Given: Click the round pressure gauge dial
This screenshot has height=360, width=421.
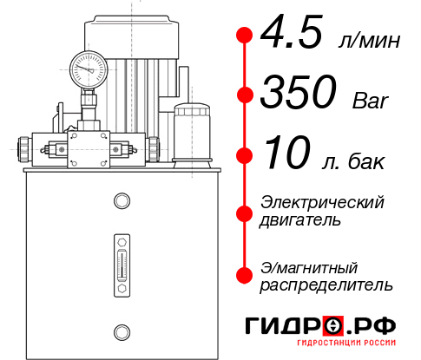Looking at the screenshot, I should tap(89, 66).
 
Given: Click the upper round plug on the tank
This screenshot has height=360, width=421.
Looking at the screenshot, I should tap(121, 201).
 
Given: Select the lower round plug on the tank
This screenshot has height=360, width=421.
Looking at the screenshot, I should tap(121, 331).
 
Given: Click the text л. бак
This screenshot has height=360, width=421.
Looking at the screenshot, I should tap(355, 161).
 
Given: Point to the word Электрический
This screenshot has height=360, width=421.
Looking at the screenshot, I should tap(322, 202).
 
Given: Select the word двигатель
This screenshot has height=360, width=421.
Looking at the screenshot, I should tap(300, 220).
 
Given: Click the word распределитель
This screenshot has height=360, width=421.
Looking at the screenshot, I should tap(326, 285).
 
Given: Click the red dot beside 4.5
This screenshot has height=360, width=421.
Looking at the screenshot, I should tap(246, 35).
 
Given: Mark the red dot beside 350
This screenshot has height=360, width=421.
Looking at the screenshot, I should tap(246, 94).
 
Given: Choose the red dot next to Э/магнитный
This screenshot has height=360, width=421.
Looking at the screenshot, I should tap(246, 273).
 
